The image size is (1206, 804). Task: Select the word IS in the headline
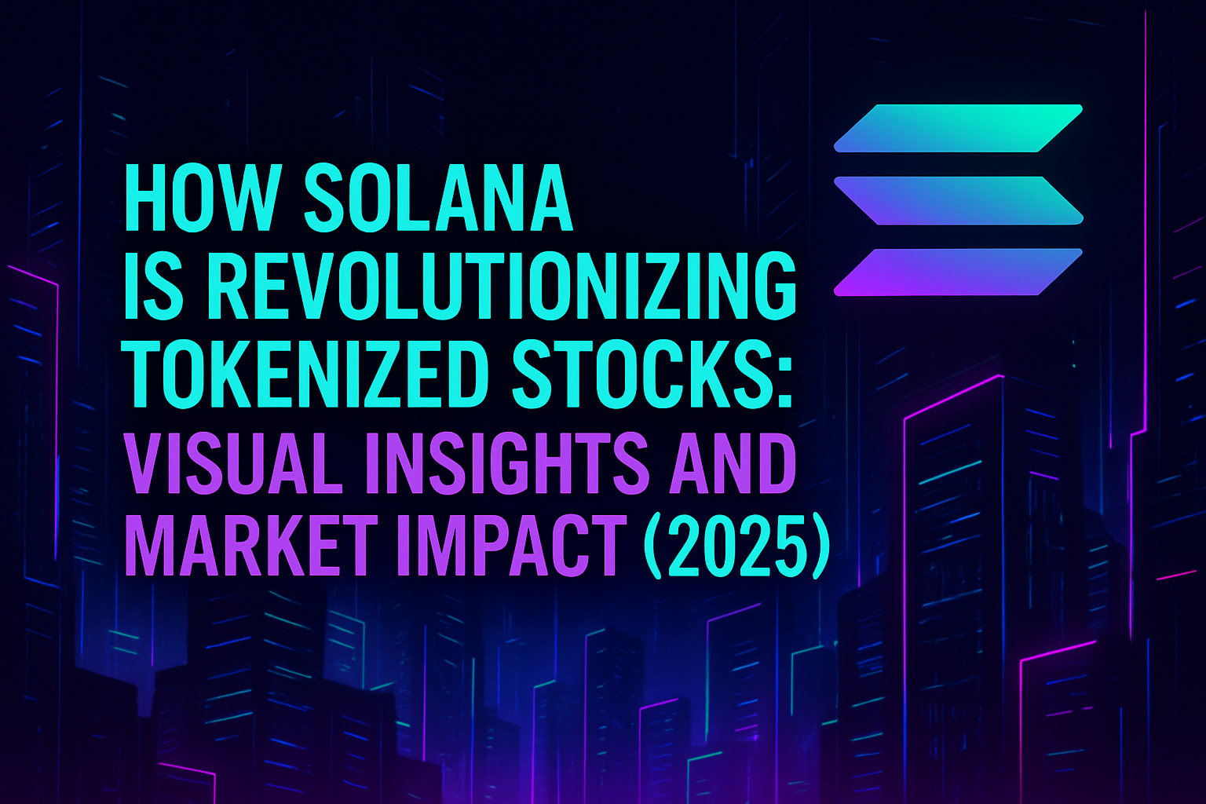(x=153, y=286)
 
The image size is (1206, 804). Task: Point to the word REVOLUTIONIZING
(x=499, y=286)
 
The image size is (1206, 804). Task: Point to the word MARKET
(x=247, y=544)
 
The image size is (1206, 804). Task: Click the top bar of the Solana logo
(x=959, y=128)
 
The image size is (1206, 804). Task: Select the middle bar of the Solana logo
(x=959, y=200)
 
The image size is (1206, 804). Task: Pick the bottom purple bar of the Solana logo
(x=959, y=272)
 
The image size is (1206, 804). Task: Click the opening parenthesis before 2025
(x=653, y=545)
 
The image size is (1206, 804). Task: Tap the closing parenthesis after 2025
(x=818, y=545)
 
